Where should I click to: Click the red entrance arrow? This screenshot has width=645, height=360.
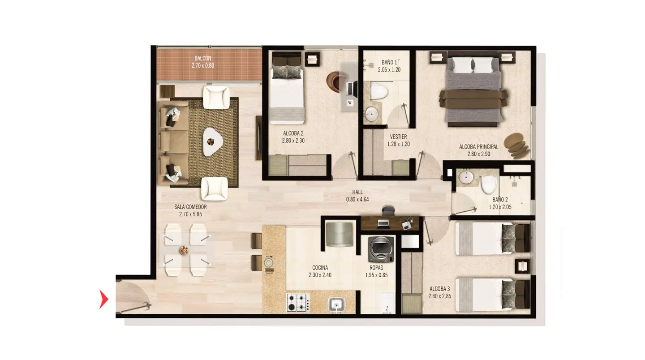pos(103,299)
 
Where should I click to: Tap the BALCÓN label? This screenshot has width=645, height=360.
pos(203,58)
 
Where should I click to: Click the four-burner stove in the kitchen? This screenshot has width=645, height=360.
pos(298,302)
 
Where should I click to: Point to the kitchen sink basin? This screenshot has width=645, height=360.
pos(337,304)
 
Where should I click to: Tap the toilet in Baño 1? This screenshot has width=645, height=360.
pos(379,91)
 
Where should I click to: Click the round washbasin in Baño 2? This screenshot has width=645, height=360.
pos(466,178)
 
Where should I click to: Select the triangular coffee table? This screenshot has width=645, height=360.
pos(213,142)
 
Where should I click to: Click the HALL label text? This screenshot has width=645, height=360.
pos(357,192)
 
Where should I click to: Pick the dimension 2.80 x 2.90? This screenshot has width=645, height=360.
pos(478,154)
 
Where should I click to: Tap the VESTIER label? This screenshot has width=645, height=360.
pos(398,137)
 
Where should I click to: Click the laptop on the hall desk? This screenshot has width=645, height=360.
pos(383,223)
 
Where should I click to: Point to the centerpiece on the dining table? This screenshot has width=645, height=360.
pos(184,250)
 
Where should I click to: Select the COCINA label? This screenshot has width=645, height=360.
pos(320,268)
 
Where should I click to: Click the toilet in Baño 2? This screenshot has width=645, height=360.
pos(489,184)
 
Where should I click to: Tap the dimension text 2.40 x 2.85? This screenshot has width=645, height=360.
pos(440,296)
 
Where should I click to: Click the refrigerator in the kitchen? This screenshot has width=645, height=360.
pos(340,234)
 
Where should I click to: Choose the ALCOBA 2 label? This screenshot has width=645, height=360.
pos(293,133)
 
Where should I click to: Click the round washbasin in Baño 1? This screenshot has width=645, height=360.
pos(372,114)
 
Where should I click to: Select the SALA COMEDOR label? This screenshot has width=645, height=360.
pos(190,207)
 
